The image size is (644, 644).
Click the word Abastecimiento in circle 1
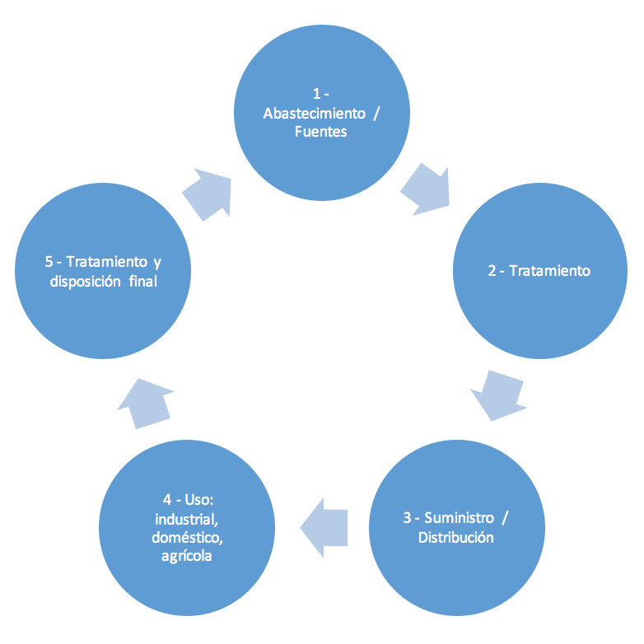click(315, 114)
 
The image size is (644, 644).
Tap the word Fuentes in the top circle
click(321, 132)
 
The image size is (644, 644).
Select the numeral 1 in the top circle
click(316, 94)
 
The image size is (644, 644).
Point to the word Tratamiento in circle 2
click(549, 271)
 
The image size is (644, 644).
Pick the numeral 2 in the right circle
click(492, 271)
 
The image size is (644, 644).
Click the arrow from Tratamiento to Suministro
click(499, 395)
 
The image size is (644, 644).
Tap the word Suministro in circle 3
click(459, 518)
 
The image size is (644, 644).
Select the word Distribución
click(456, 538)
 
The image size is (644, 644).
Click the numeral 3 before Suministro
click(407, 518)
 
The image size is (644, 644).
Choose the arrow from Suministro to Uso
click(324, 528)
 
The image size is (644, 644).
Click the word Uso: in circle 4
click(199, 500)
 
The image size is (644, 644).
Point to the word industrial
click(186, 520)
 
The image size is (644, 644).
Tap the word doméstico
click(187, 538)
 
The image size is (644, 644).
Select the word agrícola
click(186, 556)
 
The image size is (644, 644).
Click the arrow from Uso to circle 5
click(146, 404)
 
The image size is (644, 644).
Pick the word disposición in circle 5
click(85, 282)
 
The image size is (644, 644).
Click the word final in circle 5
click(143, 282)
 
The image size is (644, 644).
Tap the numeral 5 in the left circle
click(49, 262)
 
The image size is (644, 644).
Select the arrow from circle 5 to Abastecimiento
click(207, 194)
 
